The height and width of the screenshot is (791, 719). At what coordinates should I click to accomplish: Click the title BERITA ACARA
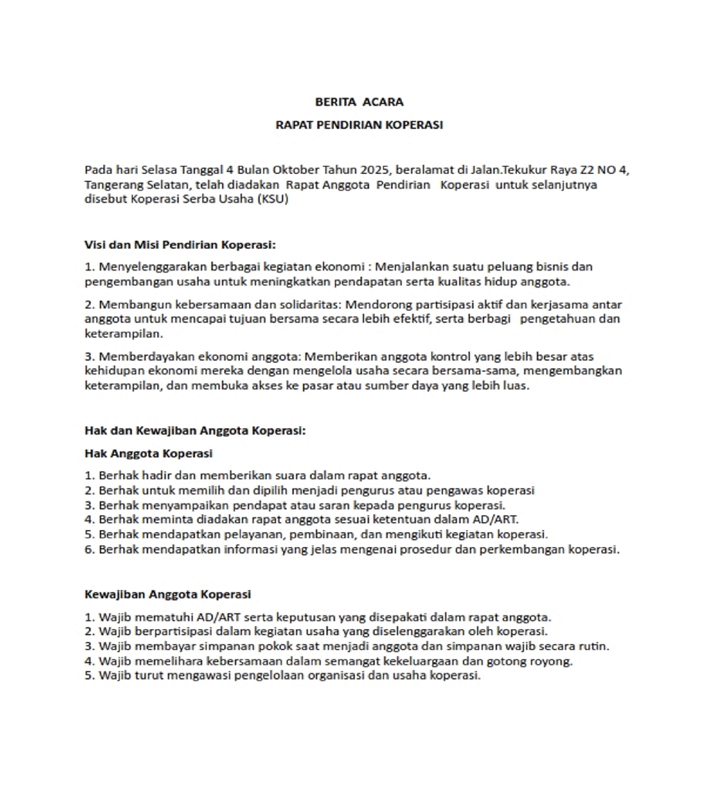(359, 102)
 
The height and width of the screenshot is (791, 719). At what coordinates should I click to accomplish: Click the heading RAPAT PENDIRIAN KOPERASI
(359, 125)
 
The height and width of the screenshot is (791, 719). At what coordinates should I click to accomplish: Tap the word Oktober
(296, 170)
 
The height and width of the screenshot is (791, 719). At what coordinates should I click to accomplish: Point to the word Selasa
(159, 170)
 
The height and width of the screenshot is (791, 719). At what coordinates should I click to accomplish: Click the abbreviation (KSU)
(273, 199)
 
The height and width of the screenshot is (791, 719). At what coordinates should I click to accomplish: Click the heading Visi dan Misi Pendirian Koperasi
(180, 245)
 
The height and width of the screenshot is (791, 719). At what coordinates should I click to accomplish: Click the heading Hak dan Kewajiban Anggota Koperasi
(195, 431)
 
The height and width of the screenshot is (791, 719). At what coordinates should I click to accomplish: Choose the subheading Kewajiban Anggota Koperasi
(168, 594)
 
